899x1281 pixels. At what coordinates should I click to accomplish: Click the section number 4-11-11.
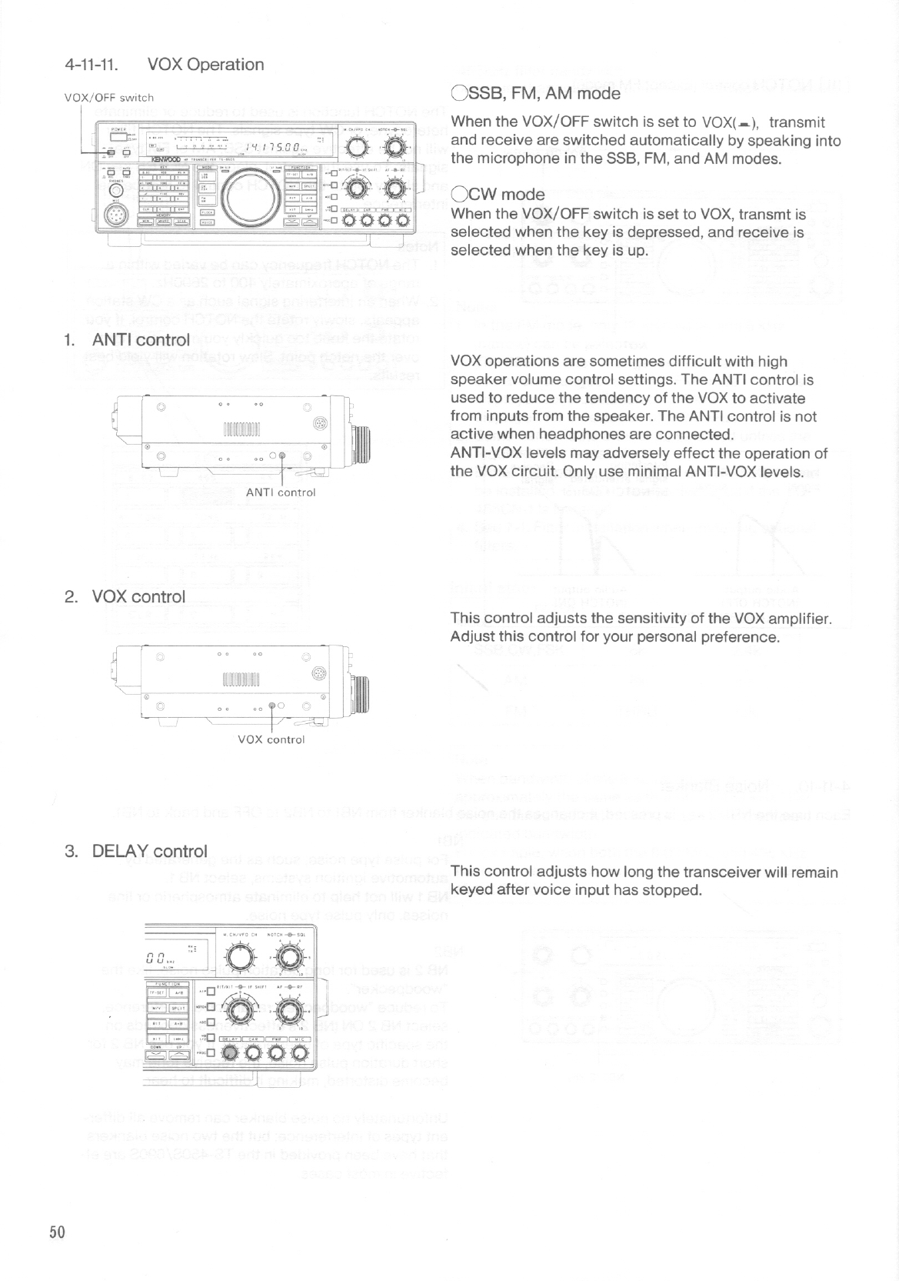click(89, 65)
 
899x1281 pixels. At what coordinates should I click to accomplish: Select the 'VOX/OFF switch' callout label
click(109, 98)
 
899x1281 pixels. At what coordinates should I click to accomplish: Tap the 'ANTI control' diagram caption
click(281, 492)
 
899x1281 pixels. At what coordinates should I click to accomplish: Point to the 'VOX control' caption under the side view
click(271, 739)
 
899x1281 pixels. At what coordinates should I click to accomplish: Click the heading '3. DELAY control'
click(136, 852)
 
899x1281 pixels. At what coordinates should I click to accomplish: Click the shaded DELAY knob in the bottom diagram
click(231, 1056)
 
